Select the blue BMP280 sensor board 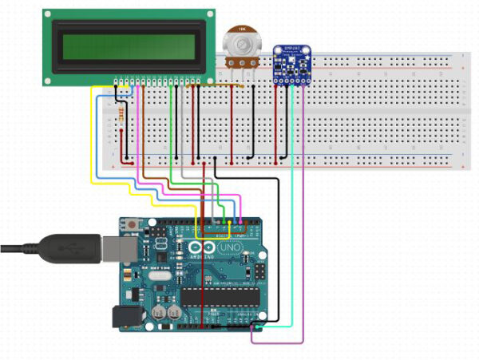292,65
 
